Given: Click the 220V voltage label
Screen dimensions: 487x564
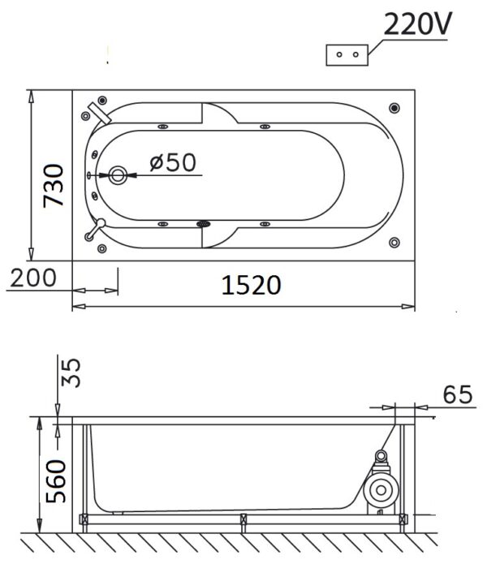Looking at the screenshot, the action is click(x=417, y=24).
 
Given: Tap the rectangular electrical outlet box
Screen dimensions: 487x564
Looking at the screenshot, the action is click(x=347, y=55).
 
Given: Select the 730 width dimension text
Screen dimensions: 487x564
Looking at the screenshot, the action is click(x=54, y=186).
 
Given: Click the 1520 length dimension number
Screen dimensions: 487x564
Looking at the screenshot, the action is click(x=251, y=285).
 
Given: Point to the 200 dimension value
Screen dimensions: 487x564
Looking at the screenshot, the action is click(x=33, y=278).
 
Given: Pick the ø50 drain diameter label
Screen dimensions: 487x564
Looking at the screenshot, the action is click(x=173, y=162).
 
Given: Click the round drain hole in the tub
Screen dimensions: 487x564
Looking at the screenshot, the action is click(x=118, y=175).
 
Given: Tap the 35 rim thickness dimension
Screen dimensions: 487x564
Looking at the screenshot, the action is click(x=71, y=372).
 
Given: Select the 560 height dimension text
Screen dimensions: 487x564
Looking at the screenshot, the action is click(x=56, y=481).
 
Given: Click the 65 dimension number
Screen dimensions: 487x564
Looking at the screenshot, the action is click(x=457, y=394).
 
